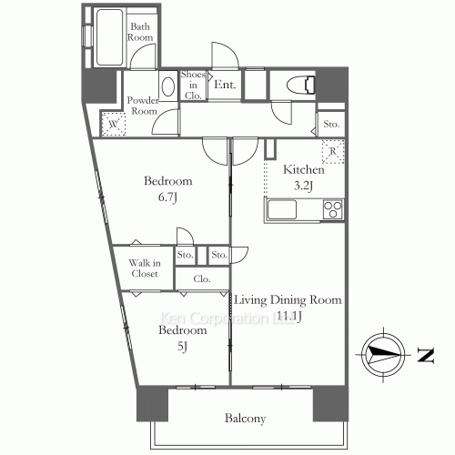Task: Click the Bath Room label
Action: [139, 33]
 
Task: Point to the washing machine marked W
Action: [114, 125]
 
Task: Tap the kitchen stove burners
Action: [331, 209]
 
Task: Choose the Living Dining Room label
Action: [287, 300]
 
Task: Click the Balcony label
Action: [245, 419]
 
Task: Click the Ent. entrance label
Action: [225, 85]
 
